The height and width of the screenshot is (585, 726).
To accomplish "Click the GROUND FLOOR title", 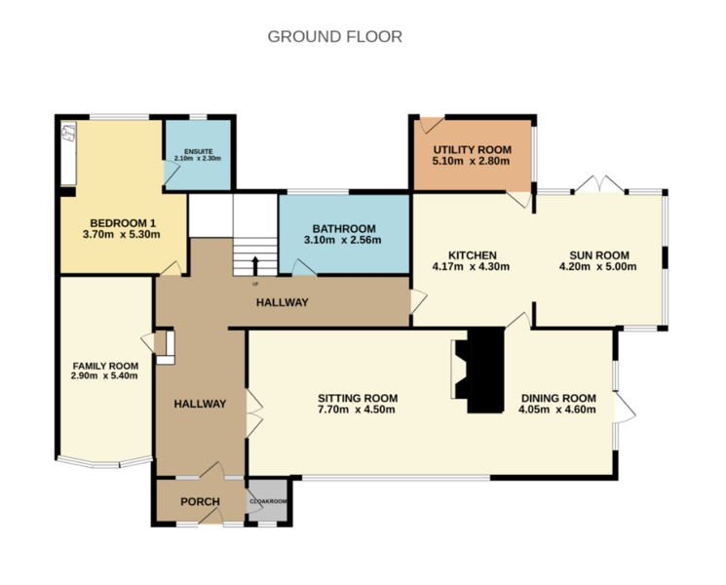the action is point(335,37).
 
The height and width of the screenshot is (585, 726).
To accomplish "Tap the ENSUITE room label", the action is point(198,151).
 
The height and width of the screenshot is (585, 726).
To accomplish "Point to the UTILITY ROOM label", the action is point(473,149).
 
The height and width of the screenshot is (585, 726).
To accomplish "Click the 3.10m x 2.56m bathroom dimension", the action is point(343,240).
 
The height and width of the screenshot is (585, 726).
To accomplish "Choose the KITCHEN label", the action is point(473,255).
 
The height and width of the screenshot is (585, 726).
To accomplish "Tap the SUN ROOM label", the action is point(599,255).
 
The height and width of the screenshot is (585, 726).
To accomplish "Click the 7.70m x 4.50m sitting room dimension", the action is point(357,409).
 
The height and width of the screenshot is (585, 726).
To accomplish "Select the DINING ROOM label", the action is point(558,398).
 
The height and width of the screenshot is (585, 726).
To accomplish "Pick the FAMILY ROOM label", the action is point(105,366).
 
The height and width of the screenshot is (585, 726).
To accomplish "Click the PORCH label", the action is point(200,501).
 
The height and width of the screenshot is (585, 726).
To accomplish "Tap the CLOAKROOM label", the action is point(269,501).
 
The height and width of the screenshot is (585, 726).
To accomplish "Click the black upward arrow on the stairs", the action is point(255,265).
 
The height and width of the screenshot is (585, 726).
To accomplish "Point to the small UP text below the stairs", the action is point(255,284).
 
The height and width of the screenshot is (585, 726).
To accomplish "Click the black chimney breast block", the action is point(485,370).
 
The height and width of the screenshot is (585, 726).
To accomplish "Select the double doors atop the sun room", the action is point(599,183).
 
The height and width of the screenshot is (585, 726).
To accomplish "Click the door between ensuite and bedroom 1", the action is point(172,173).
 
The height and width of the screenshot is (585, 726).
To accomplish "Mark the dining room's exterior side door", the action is point(625,408).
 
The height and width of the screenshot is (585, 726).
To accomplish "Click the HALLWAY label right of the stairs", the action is point(283,302).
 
